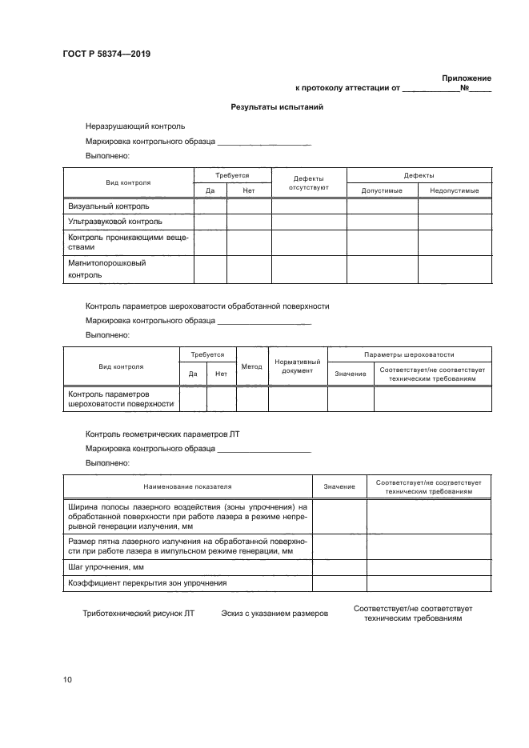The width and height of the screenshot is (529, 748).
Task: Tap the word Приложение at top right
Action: pos(467,78)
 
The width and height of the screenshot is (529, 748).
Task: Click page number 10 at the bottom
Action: pos(68,679)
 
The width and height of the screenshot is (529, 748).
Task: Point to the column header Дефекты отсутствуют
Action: pos(308,183)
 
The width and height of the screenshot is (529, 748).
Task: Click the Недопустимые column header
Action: pos(454,190)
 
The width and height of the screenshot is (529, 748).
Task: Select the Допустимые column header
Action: pos(382,190)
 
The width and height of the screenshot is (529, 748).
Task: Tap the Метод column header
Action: pos(251,367)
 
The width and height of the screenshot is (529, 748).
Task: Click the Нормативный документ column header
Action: pos(298,367)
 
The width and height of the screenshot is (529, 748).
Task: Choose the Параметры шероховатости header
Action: pos(409,354)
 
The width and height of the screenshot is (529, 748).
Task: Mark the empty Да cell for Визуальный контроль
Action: pos(210,206)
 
